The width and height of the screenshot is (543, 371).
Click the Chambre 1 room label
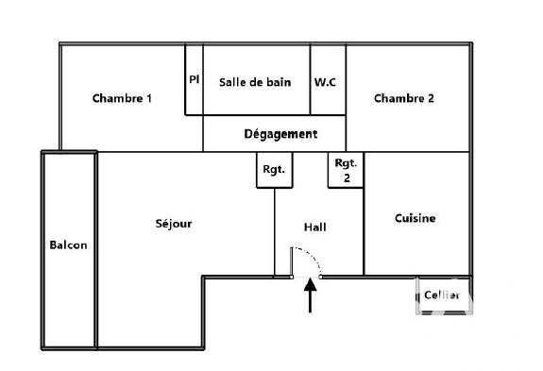(122, 98)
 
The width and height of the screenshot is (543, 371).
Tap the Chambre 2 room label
(403, 98)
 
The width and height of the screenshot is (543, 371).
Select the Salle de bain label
(255, 81)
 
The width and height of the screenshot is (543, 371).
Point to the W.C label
(325, 81)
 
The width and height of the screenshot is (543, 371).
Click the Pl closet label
(194, 79)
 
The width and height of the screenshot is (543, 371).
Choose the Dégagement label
(280, 134)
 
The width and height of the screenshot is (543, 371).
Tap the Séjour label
(174, 224)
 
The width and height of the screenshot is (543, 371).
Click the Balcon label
(68, 245)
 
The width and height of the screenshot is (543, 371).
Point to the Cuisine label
(415, 218)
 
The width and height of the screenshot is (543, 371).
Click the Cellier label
(441, 295)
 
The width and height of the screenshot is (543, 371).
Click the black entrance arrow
(309, 295)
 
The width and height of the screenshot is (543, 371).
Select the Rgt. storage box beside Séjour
(273, 170)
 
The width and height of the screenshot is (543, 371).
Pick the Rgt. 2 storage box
(346, 170)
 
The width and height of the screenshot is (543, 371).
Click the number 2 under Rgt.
(346, 177)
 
